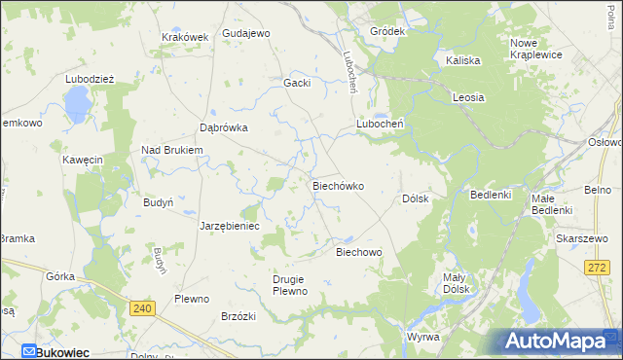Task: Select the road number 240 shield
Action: click(x=142, y=307)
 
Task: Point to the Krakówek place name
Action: click(x=185, y=38)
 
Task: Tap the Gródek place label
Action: click(x=386, y=31)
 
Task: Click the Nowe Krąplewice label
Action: click(x=536, y=48)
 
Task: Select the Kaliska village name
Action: click(x=463, y=60)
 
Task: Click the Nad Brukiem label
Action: click(x=171, y=150)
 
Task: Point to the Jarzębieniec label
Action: click(x=229, y=225)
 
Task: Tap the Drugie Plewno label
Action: click(x=289, y=285)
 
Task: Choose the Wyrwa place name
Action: click(x=423, y=337)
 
